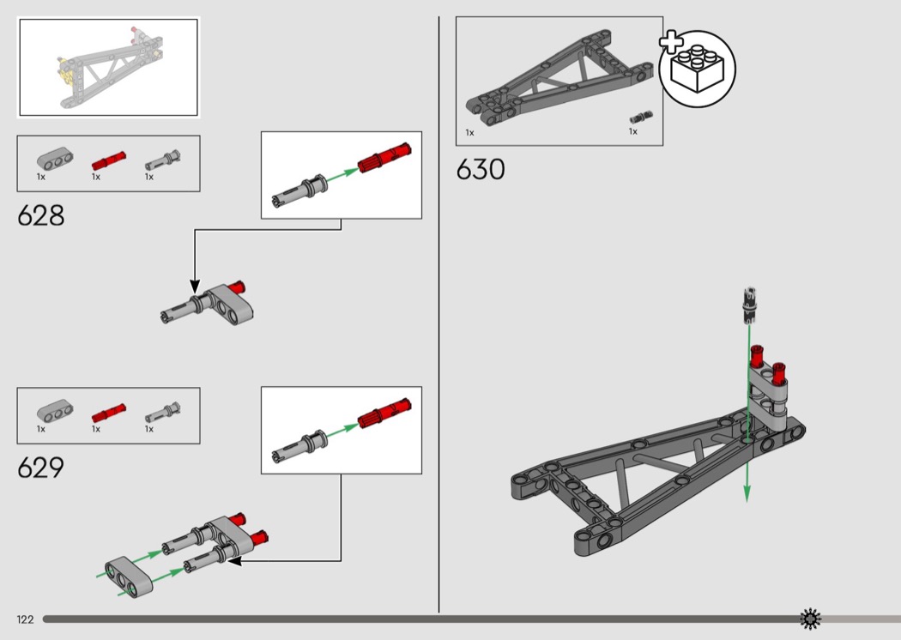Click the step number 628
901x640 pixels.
point(41,215)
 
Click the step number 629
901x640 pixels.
point(41,468)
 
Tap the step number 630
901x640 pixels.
point(481,170)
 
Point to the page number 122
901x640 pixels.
point(25,619)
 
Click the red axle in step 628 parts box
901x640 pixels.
point(109,161)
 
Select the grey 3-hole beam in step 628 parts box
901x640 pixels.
point(55,159)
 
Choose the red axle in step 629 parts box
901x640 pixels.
point(109,413)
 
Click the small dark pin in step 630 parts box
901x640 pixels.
point(641,118)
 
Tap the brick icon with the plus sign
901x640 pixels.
point(696,68)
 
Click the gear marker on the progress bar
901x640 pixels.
point(810,619)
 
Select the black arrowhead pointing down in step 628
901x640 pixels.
point(195,286)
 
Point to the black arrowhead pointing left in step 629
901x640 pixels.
point(234,560)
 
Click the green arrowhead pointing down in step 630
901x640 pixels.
point(747,493)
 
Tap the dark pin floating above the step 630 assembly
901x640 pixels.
point(749,305)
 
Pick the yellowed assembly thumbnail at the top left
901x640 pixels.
point(109,67)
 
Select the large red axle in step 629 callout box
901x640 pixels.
point(384,413)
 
